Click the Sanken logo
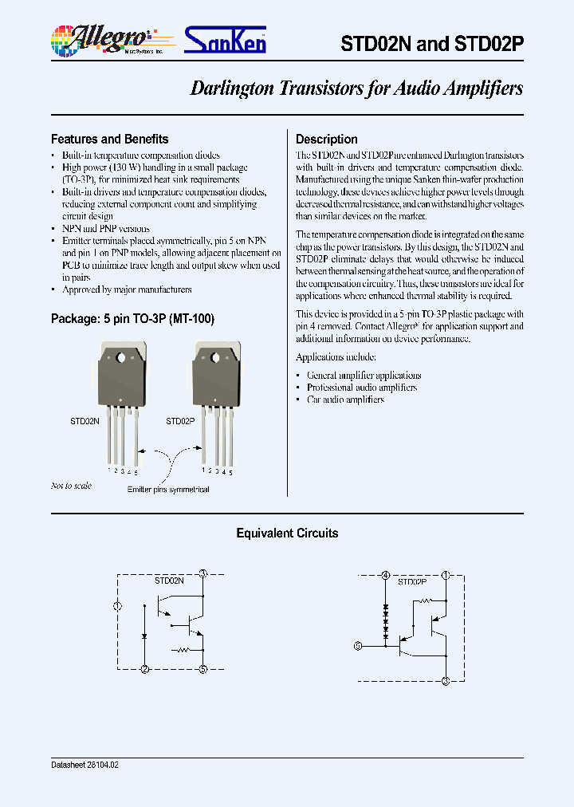point(226,40)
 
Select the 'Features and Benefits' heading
point(109,139)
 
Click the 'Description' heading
point(326,139)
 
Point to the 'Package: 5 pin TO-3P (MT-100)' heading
point(132,318)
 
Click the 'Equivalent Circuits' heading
point(287,533)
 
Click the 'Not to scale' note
point(71,486)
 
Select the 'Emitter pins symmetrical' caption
point(168,490)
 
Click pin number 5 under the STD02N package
point(136,472)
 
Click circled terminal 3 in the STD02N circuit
point(203,573)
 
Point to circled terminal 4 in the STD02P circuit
point(386,575)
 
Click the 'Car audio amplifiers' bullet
point(345,400)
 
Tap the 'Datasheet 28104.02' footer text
point(85,764)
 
